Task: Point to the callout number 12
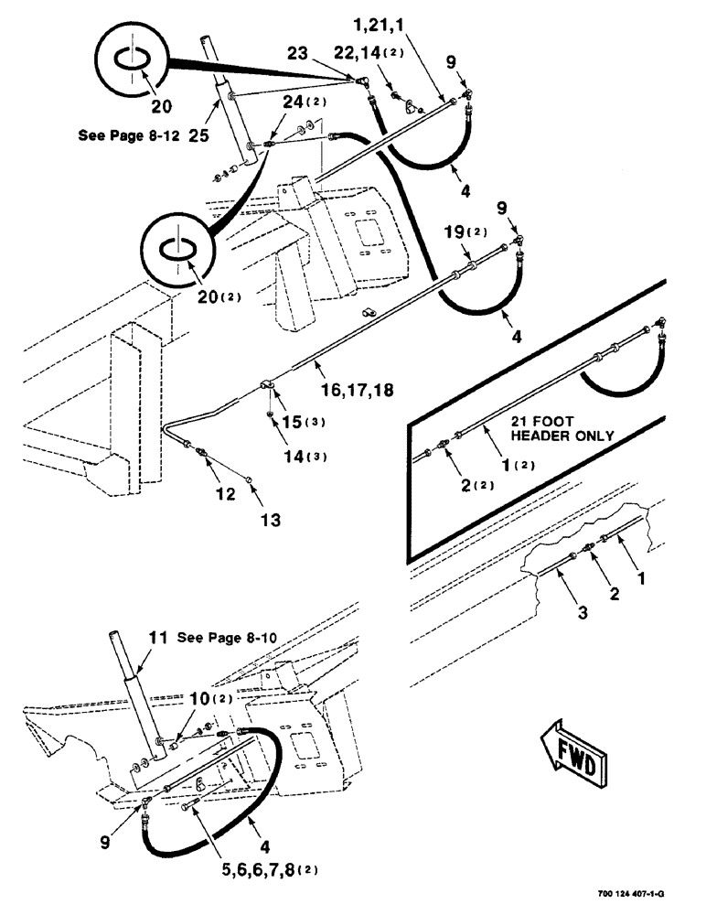click(x=225, y=493)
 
